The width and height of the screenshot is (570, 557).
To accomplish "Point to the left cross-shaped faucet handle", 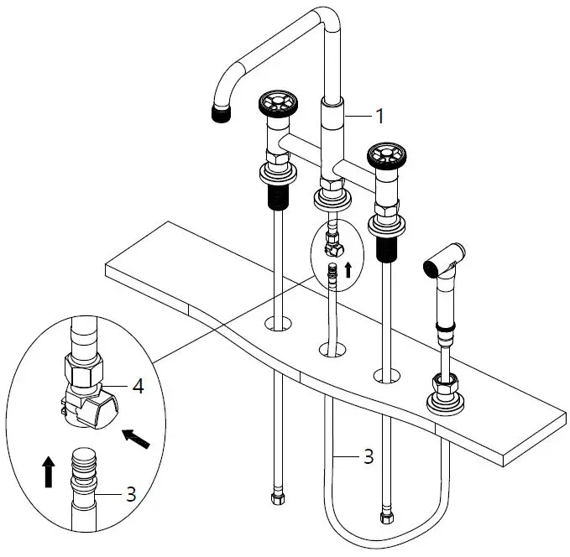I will [276, 107].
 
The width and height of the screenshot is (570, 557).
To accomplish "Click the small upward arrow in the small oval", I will [348, 271].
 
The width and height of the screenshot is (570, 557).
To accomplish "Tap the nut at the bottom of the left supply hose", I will [278, 499].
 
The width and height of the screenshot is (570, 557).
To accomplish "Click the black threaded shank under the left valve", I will [276, 196].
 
